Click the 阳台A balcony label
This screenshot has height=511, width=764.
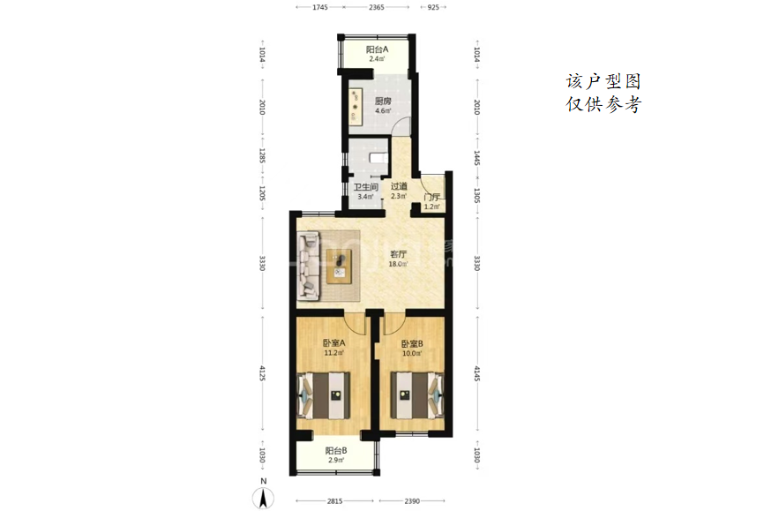pyautogui.click(x=377, y=49)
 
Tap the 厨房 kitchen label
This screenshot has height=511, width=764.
pyautogui.click(x=383, y=101)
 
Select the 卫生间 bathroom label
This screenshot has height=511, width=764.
pyautogui.click(x=366, y=187)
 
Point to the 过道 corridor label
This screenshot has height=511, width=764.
pyautogui.click(x=399, y=186)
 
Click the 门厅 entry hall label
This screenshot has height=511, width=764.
pyautogui.click(x=431, y=198)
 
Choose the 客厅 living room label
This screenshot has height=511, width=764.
pyautogui.click(x=398, y=254)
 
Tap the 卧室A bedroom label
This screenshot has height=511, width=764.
pyautogui.click(x=333, y=342)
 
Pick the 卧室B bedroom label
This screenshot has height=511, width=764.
pyautogui.click(x=412, y=343)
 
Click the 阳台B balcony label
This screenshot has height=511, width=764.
pyautogui.click(x=336, y=450)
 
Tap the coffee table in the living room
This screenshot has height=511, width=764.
pyautogui.click(x=339, y=266)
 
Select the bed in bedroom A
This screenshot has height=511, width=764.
pyautogui.click(x=324, y=395)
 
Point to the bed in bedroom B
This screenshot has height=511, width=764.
pyautogui.click(x=417, y=395)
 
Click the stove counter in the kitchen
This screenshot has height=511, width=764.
pyautogui.click(x=356, y=104)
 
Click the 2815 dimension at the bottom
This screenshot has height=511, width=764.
pyautogui.click(x=334, y=500)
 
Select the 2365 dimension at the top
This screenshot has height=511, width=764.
pyautogui.click(x=376, y=7)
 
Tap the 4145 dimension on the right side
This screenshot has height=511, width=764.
pyautogui.click(x=477, y=373)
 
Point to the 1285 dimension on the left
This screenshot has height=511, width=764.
pyautogui.click(x=262, y=156)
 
